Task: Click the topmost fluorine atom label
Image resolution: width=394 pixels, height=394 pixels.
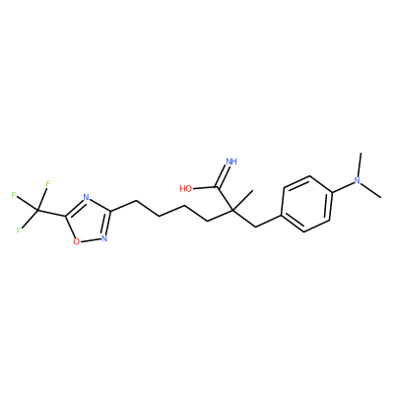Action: click(47, 184)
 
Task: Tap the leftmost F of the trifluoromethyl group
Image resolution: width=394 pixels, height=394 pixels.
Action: click(14, 195)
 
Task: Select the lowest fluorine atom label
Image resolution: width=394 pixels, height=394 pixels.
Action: click(19, 230)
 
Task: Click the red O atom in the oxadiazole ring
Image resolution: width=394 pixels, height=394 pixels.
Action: click(77, 242)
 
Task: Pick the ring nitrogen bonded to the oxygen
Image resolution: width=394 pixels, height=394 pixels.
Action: click(104, 238)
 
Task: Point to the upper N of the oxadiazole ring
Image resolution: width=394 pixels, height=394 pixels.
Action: click(86, 197)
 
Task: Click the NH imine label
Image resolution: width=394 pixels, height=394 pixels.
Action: click(231, 162)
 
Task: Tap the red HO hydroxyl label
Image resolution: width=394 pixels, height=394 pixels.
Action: click(186, 188)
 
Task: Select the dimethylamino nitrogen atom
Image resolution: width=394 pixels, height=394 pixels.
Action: click(358, 181)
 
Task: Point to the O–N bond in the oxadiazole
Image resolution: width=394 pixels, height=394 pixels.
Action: click(91, 240)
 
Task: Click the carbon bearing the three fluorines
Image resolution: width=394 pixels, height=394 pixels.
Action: click(37, 210)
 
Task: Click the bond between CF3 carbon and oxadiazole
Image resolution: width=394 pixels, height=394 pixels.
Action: click(51, 213)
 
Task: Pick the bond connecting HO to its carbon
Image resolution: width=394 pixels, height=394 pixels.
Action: click(204, 188)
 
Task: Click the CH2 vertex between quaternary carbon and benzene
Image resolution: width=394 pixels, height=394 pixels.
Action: click(256, 227)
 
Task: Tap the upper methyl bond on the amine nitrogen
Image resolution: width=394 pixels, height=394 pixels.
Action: click(360, 164)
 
